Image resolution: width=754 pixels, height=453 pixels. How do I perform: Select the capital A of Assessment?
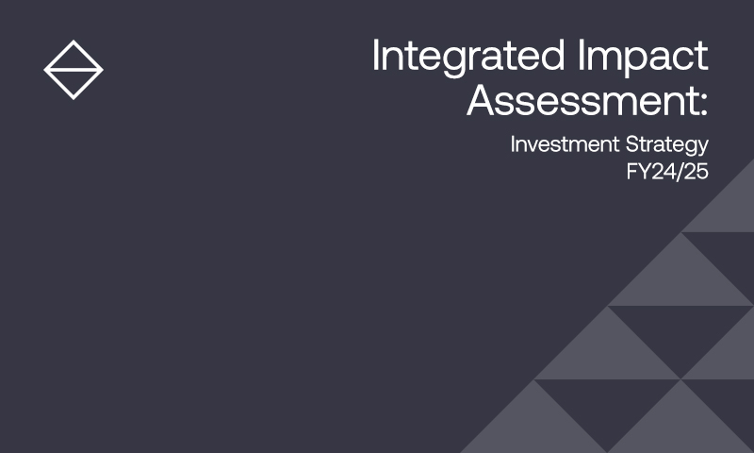484,99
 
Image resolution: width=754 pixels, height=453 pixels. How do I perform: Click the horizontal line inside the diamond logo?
74,70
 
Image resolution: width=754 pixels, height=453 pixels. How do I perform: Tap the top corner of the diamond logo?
74,41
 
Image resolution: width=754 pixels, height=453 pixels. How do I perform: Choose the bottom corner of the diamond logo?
74,99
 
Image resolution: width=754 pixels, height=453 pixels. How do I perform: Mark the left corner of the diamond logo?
44,70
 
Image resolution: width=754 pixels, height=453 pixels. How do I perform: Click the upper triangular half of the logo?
74,59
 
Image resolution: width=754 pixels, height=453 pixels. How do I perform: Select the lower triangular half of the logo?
74,81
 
